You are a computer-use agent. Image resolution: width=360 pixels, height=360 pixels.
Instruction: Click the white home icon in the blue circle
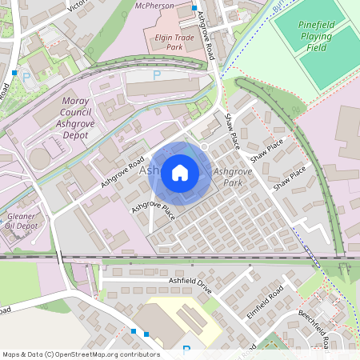180,172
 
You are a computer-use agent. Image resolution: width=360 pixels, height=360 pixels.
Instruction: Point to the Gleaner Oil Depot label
21,222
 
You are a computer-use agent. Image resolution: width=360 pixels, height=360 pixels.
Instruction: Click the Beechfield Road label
315,328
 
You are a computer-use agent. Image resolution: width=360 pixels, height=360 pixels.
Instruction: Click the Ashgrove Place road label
153,210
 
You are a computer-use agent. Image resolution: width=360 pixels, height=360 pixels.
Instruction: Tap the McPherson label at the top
155,6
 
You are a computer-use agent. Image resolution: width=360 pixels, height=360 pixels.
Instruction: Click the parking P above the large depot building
157,74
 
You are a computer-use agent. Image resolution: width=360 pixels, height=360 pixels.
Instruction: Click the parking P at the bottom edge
186,350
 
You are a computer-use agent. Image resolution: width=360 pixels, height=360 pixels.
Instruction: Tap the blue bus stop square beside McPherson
194,8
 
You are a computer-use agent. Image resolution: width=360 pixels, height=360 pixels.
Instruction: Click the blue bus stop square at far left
14,73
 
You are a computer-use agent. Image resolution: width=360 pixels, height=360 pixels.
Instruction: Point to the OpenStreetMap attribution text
81,354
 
